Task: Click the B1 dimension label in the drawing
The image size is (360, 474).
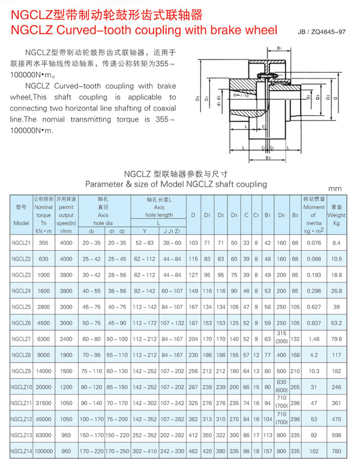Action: [x=280, y=48]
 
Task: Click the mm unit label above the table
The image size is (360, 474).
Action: [x=334, y=190]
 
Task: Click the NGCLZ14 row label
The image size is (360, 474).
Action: [x=22, y=449]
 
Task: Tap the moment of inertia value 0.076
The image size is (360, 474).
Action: [x=313, y=242]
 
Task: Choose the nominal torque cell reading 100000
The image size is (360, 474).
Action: [x=43, y=449]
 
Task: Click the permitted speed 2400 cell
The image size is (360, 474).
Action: [x=66, y=338]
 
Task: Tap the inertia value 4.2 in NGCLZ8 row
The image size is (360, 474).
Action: [x=313, y=354]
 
